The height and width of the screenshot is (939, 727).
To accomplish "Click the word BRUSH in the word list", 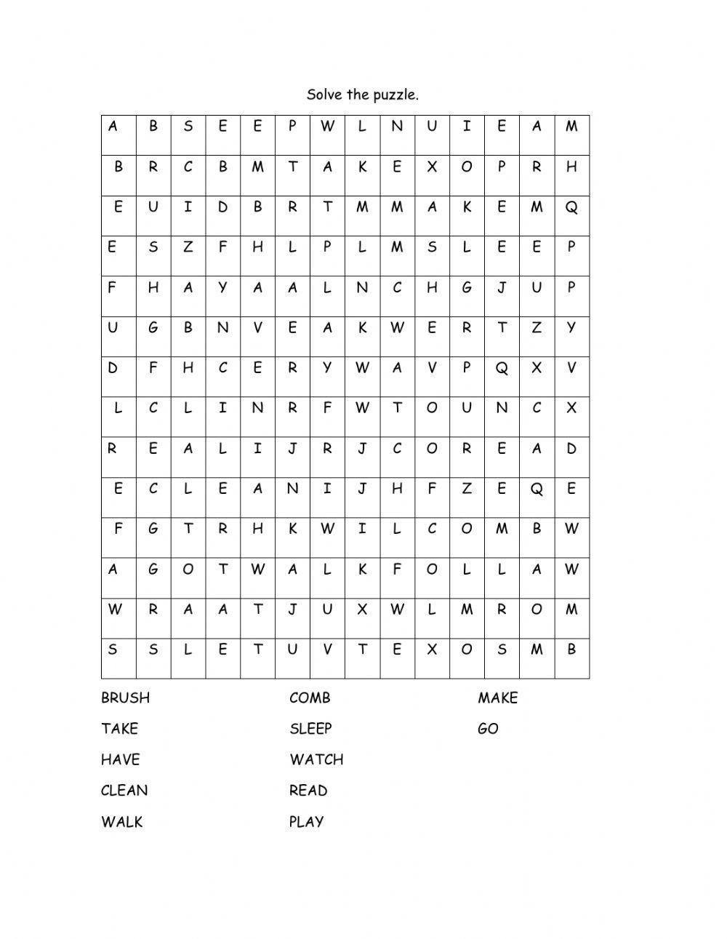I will [125, 698].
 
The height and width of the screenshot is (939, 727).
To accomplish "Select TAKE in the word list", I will [119, 729].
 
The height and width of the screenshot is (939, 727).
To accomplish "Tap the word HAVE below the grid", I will [120, 760].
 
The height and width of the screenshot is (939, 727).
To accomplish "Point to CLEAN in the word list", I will [124, 791].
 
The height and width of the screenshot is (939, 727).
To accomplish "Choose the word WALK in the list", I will [122, 822].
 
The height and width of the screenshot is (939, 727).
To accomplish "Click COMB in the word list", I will [310, 698].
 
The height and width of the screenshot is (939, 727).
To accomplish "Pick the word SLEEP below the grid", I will [310, 729].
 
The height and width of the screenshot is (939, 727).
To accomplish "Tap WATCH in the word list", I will [316, 760].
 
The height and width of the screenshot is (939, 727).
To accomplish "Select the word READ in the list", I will [308, 791].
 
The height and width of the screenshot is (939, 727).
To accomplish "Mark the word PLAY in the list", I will [306, 822].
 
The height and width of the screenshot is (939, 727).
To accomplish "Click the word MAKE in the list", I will [498, 698].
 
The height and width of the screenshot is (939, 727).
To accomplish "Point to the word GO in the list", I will [488, 729].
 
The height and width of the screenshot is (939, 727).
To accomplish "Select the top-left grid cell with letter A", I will [113, 127].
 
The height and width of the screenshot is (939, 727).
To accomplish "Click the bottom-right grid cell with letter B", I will [571, 649].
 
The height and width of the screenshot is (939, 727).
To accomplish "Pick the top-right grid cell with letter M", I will [571, 127].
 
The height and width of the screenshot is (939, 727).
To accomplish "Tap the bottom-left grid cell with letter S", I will [113, 649].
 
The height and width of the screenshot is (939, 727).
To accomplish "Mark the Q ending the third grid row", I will [571, 207].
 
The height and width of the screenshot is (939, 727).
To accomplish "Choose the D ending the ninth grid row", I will [571, 449].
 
